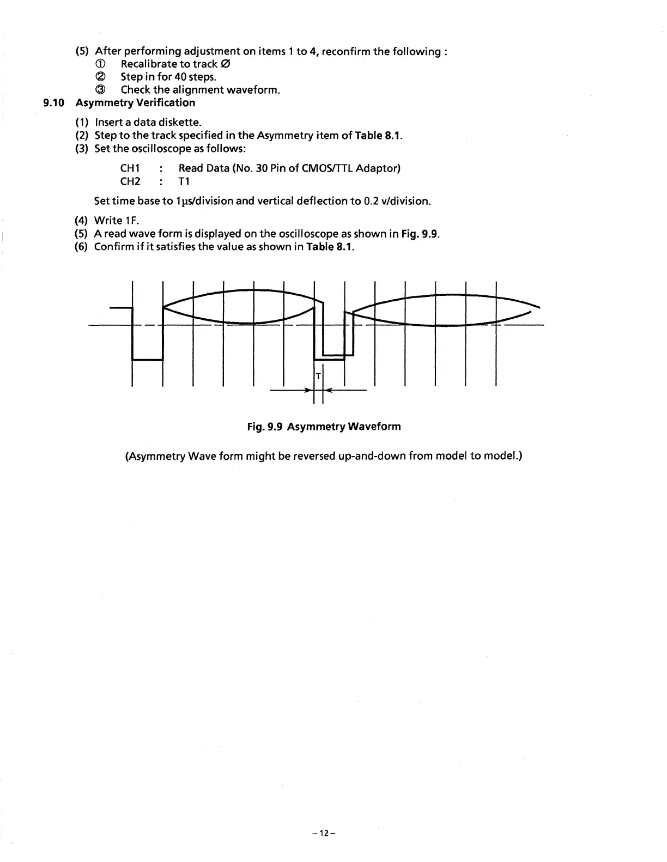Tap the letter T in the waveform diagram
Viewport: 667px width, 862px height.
pos(318,376)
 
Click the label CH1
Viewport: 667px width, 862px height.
pos(130,168)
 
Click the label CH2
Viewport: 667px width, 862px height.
pos(130,181)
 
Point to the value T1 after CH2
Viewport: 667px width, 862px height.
pos(184,181)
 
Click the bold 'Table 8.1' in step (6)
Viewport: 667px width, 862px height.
pos(330,247)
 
